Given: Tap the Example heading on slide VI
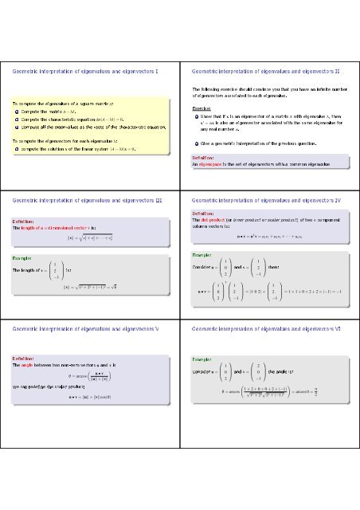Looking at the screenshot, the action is tap(202, 360).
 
